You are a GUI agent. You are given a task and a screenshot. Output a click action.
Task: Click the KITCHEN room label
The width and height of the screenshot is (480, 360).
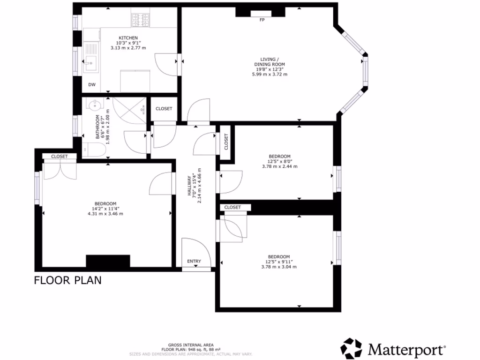(x=128, y=37)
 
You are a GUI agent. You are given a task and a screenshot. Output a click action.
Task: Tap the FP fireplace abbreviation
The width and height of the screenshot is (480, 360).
(x=262, y=20)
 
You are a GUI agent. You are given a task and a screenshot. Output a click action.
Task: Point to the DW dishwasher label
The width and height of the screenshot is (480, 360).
(x=92, y=85)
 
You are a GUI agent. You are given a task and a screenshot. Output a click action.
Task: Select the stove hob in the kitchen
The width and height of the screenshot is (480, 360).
(x=140, y=20)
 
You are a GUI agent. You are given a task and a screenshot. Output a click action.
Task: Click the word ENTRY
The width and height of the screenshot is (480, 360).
(x=194, y=261)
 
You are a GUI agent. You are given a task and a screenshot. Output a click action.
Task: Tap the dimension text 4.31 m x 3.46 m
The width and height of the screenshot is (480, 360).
(x=105, y=214)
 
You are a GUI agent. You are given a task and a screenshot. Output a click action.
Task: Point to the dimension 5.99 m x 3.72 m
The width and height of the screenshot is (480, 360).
(x=270, y=74)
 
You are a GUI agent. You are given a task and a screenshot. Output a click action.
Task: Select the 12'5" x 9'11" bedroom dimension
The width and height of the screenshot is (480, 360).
(x=279, y=262)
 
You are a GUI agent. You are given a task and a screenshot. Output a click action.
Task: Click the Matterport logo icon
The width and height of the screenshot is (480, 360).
(x=352, y=349)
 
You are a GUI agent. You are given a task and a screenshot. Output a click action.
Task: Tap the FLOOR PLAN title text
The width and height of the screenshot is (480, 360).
(x=67, y=280)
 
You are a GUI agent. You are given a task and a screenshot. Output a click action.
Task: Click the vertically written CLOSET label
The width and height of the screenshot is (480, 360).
(x=226, y=141)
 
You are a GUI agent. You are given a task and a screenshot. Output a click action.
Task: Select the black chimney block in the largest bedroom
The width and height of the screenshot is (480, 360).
(x=107, y=261)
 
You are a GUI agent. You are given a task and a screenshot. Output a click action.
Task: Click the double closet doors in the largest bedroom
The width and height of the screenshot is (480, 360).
(x=59, y=171)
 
